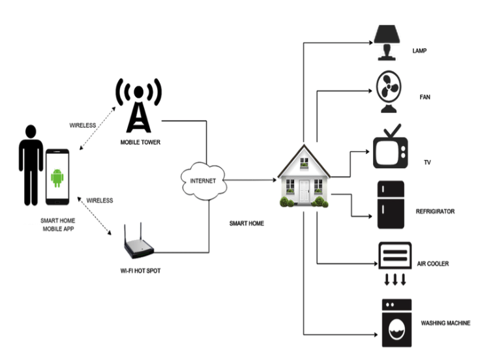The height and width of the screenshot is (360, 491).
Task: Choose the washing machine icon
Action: [x=396, y=322]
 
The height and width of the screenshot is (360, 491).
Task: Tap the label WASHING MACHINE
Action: [x=445, y=323]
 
